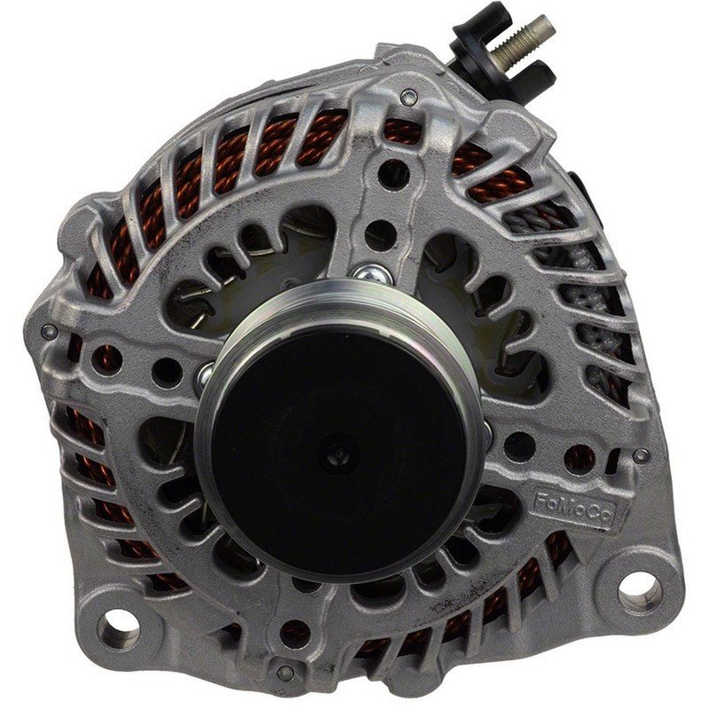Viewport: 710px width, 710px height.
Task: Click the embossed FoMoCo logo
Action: pyautogui.click(x=573, y=509)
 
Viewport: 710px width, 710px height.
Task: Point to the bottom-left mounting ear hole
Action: pyautogui.click(x=119, y=627)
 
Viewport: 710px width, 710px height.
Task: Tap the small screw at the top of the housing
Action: pyautogui.click(x=409, y=96)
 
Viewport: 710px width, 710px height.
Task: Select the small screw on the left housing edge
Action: pyautogui.click(x=49, y=332)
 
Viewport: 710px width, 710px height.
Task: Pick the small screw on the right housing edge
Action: pyautogui.click(x=640, y=455)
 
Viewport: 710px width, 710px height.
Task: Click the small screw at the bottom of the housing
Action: pyautogui.click(x=285, y=673)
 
